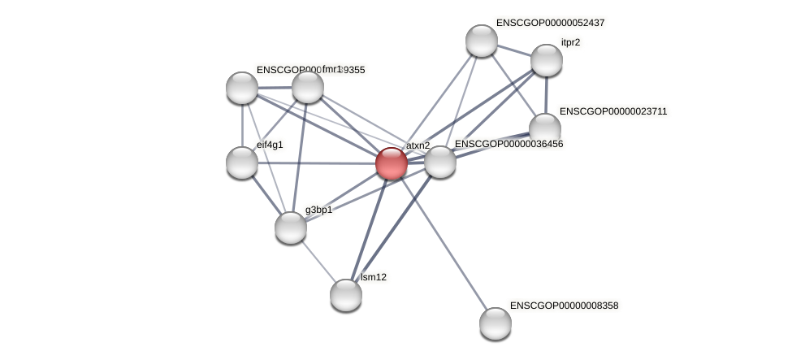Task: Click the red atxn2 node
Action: pos(391,163)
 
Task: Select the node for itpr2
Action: pos(546,60)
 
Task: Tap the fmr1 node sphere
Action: pos(307,87)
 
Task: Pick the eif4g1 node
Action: pos(242,163)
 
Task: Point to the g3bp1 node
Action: pos(290,228)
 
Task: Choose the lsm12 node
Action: pos(345,294)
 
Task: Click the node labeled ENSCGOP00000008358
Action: pos(495,323)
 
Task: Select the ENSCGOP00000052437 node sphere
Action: pos(481,41)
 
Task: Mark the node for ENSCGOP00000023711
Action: pos(544,128)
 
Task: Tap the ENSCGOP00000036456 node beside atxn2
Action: pos(440,162)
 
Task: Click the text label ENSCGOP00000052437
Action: pos(550,23)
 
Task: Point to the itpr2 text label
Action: pos(570,41)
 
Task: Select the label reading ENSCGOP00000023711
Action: pos(613,111)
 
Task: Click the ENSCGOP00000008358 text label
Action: pos(565,306)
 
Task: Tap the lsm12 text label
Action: pos(374,277)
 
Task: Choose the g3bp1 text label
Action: pos(318,210)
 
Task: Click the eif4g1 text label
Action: pos(270,145)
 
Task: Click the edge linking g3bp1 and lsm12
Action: pos(317,260)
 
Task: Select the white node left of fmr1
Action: pos(241,88)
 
